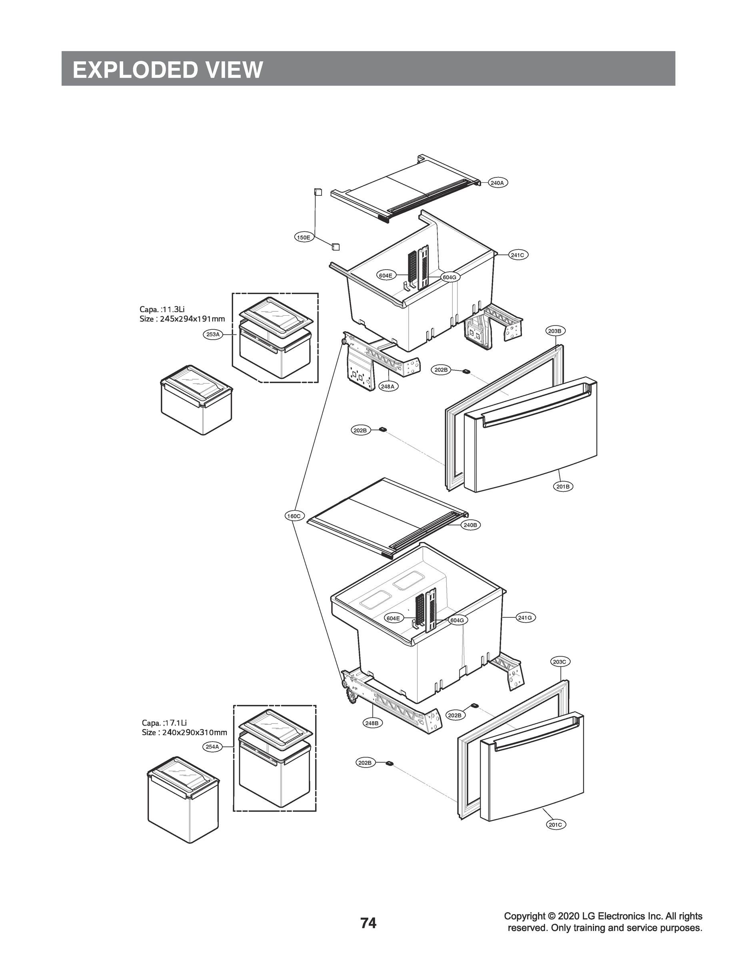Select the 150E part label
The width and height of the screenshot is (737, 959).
(x=303, y=238)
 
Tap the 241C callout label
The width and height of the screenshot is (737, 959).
(x=517, y=255)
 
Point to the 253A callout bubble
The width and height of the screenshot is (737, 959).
(x=213, y=334)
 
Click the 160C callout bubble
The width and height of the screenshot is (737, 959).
(x=294, y=516)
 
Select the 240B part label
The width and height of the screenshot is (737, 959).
(x=470, y=525)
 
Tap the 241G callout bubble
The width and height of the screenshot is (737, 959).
(x=525, y=618)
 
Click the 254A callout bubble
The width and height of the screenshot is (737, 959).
(x=212, y=747)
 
